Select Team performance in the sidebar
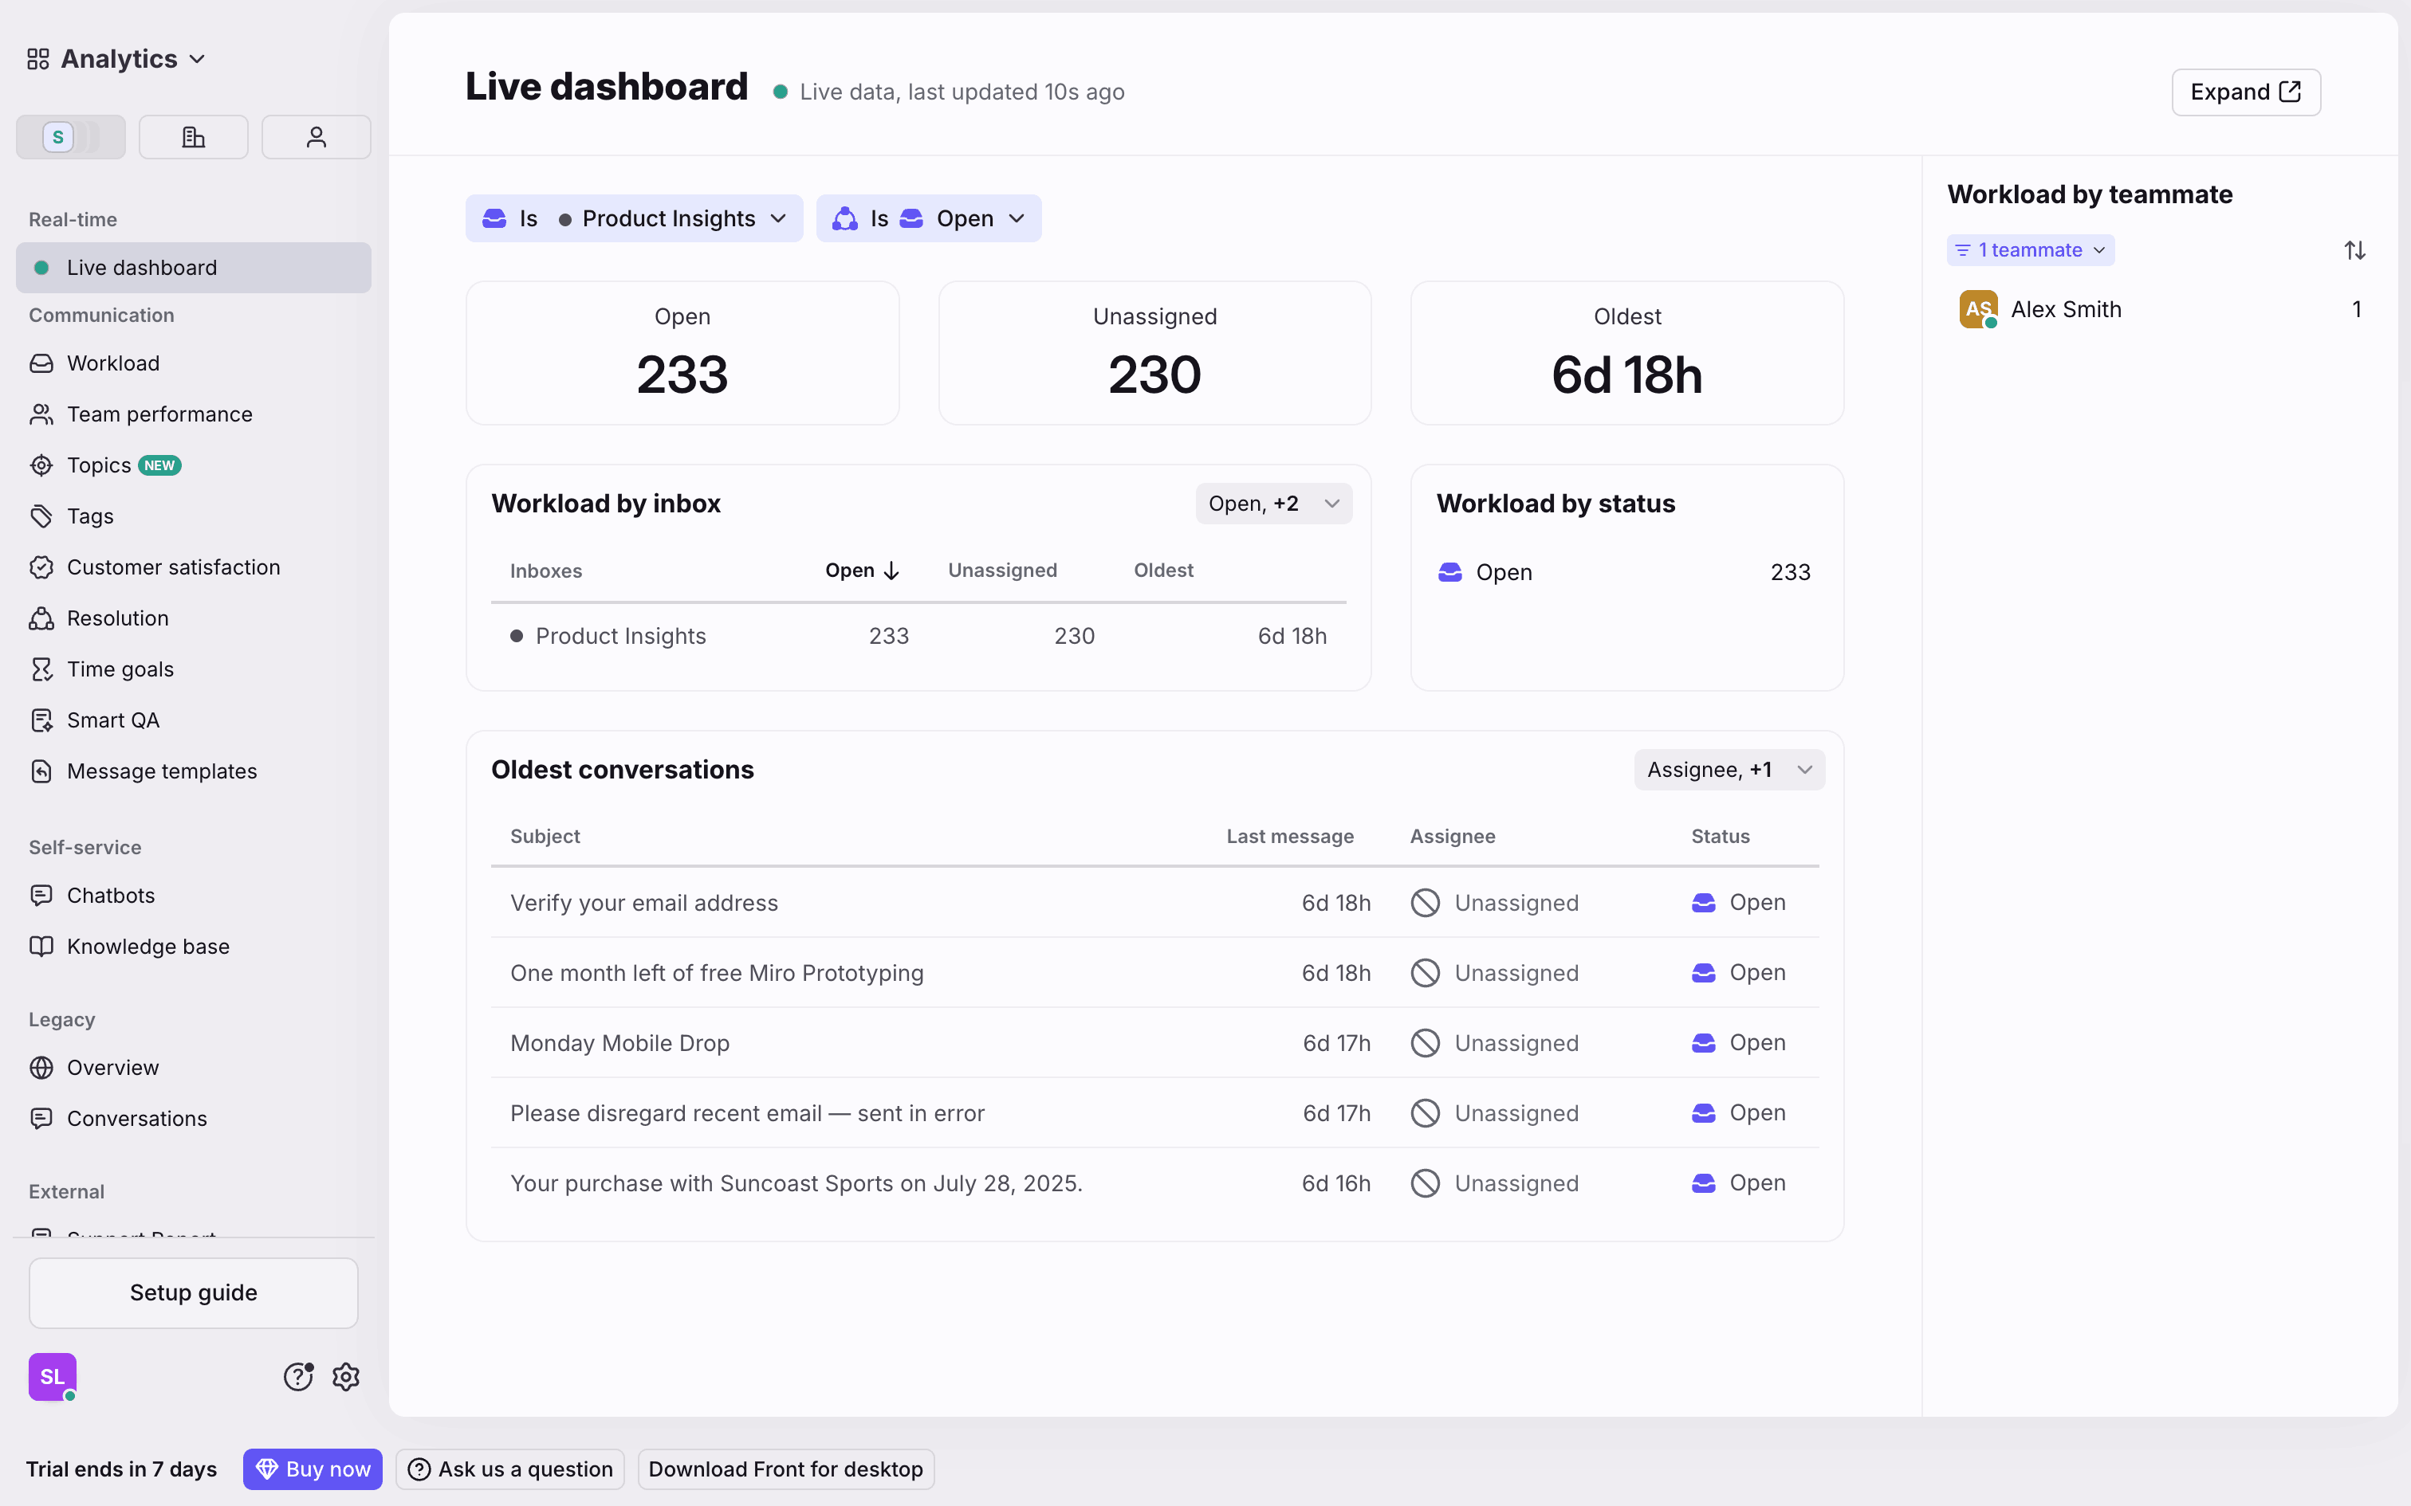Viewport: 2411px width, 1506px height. pos(159,414)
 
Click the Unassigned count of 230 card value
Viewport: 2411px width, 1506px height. pos(1154,375)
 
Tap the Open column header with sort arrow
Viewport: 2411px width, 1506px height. pos(862,571)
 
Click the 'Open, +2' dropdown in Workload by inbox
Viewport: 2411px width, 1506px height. pos(1272,504)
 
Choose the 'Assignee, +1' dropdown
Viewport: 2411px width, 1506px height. pos(1728,770)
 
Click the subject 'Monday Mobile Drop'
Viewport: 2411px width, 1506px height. pos(619,1043)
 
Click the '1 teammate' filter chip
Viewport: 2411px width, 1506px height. pos(2029,250)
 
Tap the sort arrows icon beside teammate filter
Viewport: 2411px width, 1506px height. pos(2354,250)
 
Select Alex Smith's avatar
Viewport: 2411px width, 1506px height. pos(1977,310)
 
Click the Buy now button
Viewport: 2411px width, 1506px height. pos(313,1469)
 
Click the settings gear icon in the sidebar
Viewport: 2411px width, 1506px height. pos(346,1377)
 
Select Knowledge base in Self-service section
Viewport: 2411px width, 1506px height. pos(147,947)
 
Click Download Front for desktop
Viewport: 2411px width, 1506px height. pos(785,1469)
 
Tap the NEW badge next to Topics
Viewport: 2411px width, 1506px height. pos(159,465)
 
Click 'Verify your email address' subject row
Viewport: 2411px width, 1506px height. pos(643,902)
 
